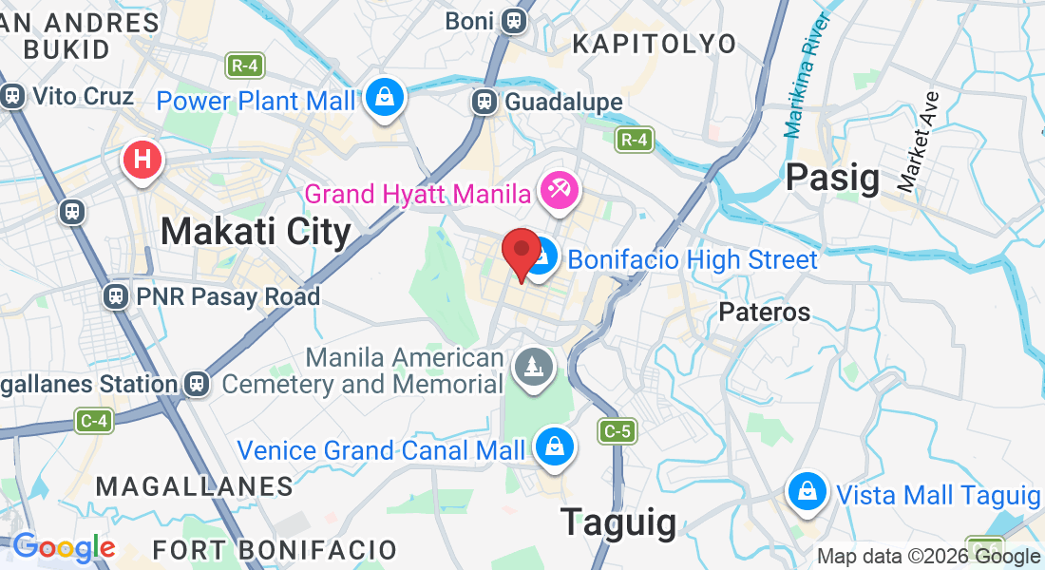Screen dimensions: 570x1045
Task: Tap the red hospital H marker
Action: (x=142, y=160)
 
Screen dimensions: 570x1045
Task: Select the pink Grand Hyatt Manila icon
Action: (x=557, y=190)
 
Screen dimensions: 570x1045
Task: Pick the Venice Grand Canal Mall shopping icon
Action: (x=553, y=446)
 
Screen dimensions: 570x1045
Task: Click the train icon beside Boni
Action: (x=514, y=20)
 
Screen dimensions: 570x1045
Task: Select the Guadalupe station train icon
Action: (x=484, y=102)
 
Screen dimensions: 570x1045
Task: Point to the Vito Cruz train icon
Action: (x=13, y=96)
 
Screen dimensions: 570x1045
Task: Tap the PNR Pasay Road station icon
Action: (x=117, y=296)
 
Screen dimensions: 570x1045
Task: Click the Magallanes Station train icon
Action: (x=197, y=384)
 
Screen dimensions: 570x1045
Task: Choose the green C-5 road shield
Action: (x=616, y=432)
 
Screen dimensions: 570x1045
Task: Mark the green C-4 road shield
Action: (x=92, y=421)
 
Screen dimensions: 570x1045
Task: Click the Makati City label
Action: (x=256, y=231)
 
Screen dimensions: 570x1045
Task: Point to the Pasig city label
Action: (x=832, y=177)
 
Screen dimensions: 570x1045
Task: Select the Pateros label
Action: (x=764, y=312)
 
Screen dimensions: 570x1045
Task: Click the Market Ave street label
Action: (x=918, y=142)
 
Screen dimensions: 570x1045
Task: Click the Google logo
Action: (x=64, y=547)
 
